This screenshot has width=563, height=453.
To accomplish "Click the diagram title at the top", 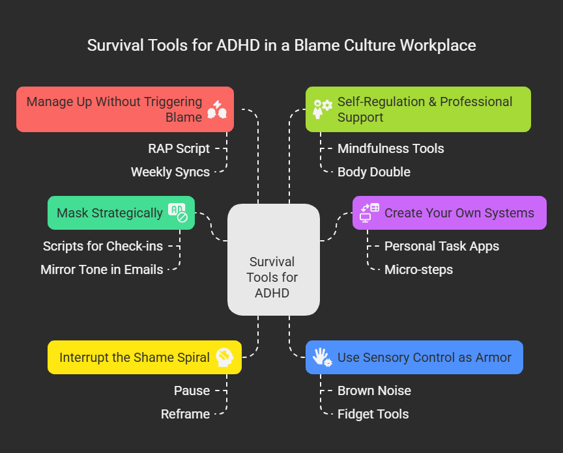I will point(281,46).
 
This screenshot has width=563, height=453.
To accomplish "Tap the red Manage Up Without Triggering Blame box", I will point(124,109).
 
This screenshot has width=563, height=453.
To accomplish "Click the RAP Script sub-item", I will point(179,148).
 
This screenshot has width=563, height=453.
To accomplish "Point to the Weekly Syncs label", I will point(170,172).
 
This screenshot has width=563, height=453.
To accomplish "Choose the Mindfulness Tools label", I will point(390,148).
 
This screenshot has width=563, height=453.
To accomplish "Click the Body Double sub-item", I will point(373,172).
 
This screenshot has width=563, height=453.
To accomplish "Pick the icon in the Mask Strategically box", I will point(177,213).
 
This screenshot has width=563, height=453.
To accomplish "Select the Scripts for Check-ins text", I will point(103,246).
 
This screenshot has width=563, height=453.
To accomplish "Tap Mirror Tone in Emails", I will point(102,269).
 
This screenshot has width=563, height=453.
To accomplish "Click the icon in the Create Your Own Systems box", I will point(369,213).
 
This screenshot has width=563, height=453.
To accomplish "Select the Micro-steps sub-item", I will point(418,269).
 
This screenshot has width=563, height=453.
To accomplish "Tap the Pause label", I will point(192,391).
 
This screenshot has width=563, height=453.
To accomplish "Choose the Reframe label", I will point(185,414).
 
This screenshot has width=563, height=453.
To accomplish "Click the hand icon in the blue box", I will point(322,357).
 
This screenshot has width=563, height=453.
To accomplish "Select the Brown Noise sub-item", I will point(374,391).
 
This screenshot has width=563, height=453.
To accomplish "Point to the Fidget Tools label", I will point(373,414).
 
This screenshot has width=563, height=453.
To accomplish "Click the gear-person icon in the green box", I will point(322,109).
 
